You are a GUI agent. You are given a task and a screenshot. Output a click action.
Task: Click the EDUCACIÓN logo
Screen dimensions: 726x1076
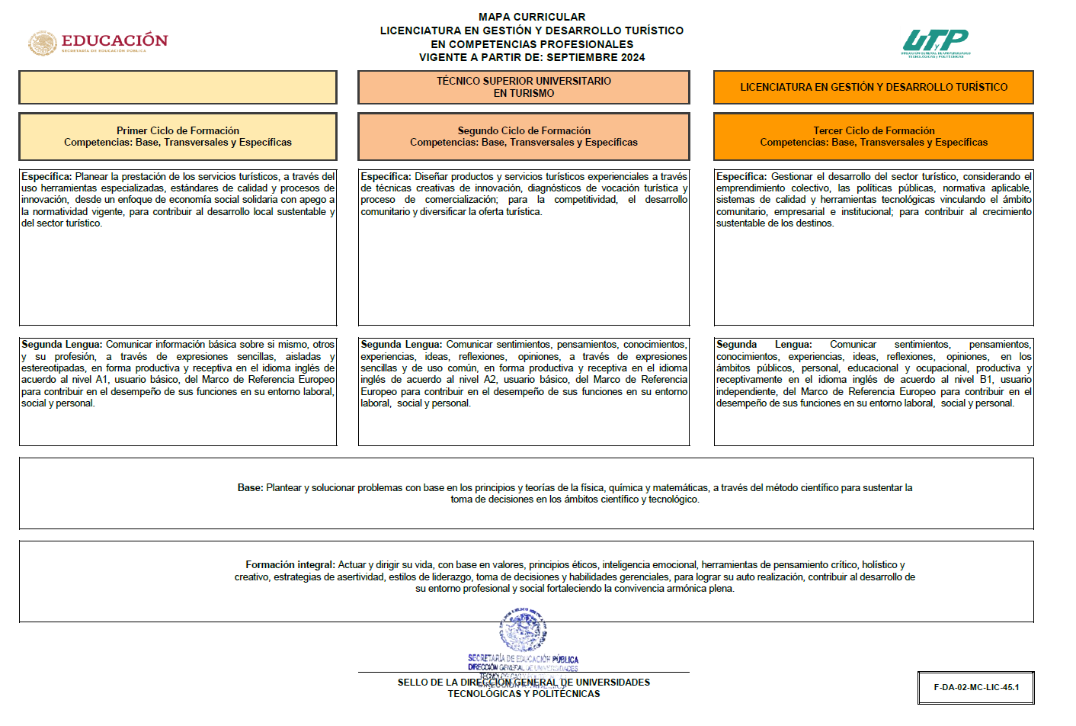pyautogui.click(x=98, y=42)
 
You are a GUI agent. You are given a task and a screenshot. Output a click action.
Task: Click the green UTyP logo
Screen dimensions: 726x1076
pyautogui.click(x=935, y=43)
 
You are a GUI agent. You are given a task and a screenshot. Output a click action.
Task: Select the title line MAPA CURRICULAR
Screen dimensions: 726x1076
pyautogui.click(x=532, y=17)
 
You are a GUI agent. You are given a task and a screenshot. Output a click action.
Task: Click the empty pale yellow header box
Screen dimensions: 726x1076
pyautogui.click(x=178, y=87)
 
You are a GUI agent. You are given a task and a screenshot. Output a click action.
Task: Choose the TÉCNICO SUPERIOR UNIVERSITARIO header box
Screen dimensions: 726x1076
pyautogui.click(x=524, y=87)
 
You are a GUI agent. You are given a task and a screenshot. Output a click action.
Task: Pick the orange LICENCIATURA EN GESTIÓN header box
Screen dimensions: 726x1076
pyautogui.click(x=873, y=87)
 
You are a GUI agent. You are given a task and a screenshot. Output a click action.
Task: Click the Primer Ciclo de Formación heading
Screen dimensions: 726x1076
pyautogui.click(x=178, y=130)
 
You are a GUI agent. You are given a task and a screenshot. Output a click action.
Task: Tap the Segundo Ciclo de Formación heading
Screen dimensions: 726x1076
pyautogui.click(x=524, y=130)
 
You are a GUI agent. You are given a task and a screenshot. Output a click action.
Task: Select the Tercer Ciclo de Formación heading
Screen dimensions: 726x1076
pyautogui.click(x=873, y=130)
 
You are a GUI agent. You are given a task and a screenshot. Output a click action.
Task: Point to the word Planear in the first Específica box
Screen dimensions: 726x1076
pyautogui.click(x=91, y=176)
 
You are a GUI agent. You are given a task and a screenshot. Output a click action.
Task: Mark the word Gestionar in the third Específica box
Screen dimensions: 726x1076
pyautogui.click(x=791, y=176)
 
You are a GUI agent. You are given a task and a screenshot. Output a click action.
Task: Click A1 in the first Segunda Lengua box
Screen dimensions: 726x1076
pyautogui.click(x=101, y=380)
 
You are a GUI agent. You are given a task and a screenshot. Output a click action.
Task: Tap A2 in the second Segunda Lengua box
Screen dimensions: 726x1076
pyautogui.click(x=489, y=380)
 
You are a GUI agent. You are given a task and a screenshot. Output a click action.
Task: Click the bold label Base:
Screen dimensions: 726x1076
pyautogui.click(x=250, y=488)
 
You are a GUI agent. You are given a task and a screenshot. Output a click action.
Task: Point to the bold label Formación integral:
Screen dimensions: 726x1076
pyautogui.click(x=290, y=565)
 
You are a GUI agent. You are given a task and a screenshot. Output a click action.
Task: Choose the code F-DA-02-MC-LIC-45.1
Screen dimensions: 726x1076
pyautogui.click(x=976, y=687)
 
